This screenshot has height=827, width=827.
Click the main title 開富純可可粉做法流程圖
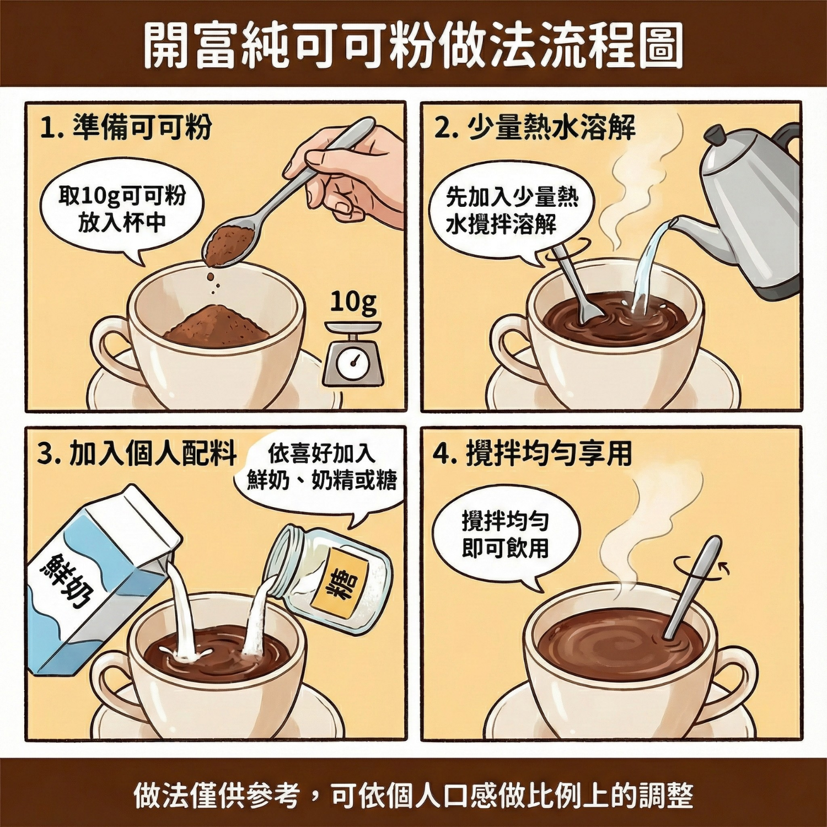pos(413,45)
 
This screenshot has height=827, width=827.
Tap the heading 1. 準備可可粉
pos(126,128)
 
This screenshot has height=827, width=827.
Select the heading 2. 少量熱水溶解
pos(534,128)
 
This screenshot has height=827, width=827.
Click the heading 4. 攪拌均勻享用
pos(532,454)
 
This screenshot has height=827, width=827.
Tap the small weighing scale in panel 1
pos(353,356)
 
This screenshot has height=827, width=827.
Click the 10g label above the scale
pos(353,302)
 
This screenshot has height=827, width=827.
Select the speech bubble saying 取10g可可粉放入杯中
pos(122,210)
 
